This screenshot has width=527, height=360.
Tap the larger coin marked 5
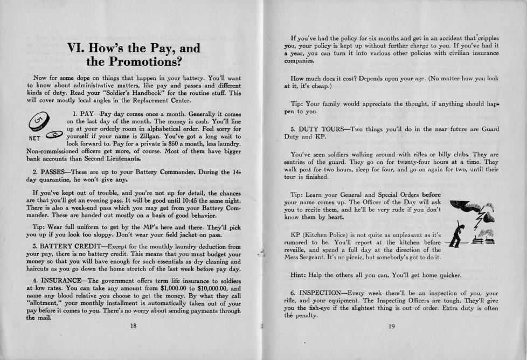tap(37, 122)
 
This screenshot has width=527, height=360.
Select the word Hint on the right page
tap(300, 275)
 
